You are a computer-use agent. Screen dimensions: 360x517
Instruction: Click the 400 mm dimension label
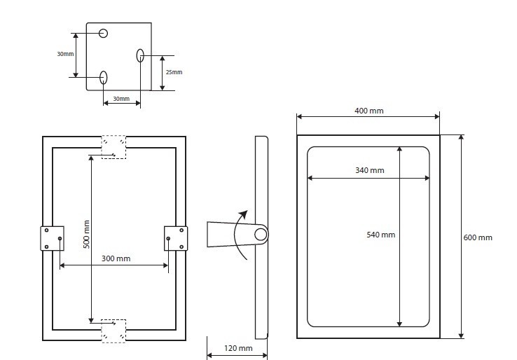click(368, 111)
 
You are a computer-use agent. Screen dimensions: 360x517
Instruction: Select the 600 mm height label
click(478, 237)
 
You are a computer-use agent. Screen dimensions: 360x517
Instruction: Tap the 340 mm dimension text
click(370, 170)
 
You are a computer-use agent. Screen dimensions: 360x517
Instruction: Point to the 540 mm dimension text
click(380, 235)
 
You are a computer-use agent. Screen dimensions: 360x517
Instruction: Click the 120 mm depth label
click(238, 348)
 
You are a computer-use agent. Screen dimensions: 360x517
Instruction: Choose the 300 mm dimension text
click(116, 258)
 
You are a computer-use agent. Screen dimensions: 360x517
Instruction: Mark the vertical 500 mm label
click(87, 235)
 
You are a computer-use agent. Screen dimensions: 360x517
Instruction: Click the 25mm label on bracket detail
click(173, 72)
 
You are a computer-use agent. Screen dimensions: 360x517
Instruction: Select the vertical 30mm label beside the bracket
click(65, 54)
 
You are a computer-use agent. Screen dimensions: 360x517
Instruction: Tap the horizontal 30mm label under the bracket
click(121, 99)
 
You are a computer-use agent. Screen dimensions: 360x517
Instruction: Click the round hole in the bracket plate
click(103, 33)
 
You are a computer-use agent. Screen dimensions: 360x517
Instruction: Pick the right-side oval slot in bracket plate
click(140, 55)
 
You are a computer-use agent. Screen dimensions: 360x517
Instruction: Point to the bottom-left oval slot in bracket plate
click(103, 77)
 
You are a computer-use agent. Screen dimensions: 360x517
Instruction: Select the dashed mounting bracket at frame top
click(113, 146)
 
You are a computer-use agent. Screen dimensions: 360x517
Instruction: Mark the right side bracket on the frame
click(175, 237)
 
